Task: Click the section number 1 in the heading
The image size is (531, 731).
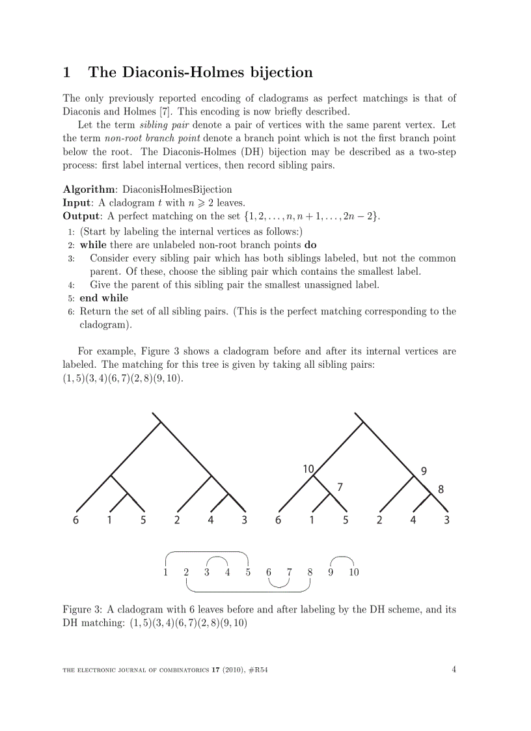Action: tap(66, 72)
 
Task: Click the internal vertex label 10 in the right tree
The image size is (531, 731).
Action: tap(308, 468)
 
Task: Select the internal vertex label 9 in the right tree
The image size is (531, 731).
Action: tap(424, 471)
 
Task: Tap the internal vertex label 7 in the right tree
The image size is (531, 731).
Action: tap(340, 486)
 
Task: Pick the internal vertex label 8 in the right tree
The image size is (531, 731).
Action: tap(441, 490)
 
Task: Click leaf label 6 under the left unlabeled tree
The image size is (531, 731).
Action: tap(76, 520)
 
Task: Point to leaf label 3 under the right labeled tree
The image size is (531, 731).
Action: tap(446, 520)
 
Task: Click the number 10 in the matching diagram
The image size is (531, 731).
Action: tap(353, 573)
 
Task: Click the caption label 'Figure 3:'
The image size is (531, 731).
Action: tap(83, 610)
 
